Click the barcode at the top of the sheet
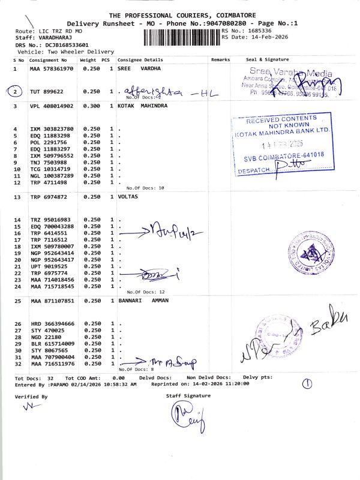click(182, 37)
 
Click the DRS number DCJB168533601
click(65, 45)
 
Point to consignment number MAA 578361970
click(51, 69)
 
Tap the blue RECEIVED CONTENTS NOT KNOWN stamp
click(281, 144)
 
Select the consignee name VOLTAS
click(128, 197)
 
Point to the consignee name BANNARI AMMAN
click(143, 300)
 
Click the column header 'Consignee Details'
click(140, 60)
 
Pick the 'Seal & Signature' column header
click(268, 60)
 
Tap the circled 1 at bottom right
click(307, 383)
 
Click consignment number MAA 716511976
click(52, 364)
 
